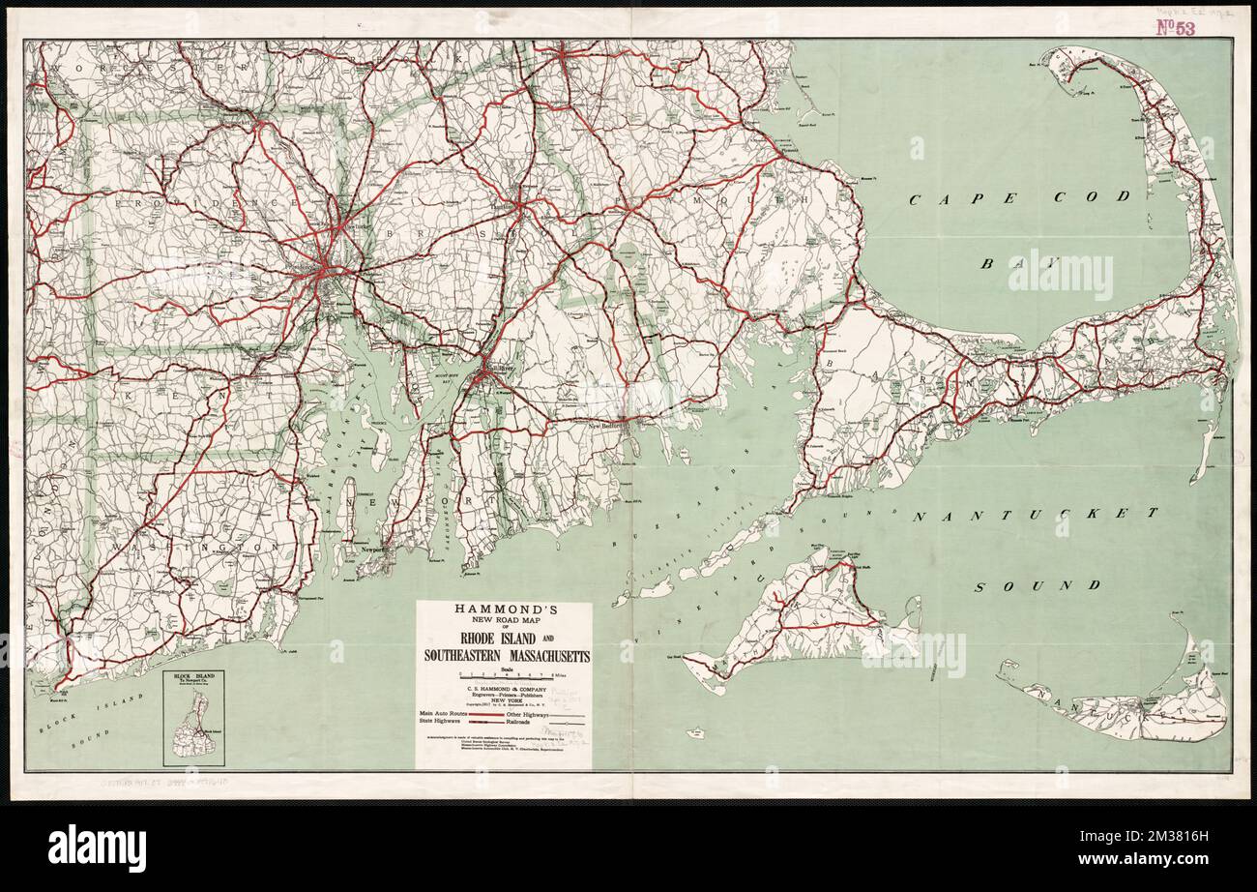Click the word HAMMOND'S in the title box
pyautogui.click(x=504, y=610)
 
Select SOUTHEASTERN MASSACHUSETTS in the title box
pyautogui.click(x=504, y=657)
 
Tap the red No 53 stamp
pyautogui.click(x=1175, y=27)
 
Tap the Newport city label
pyautogui.click(x=372, y=548)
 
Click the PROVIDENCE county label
pyautogui.click(x=205, y=203)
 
